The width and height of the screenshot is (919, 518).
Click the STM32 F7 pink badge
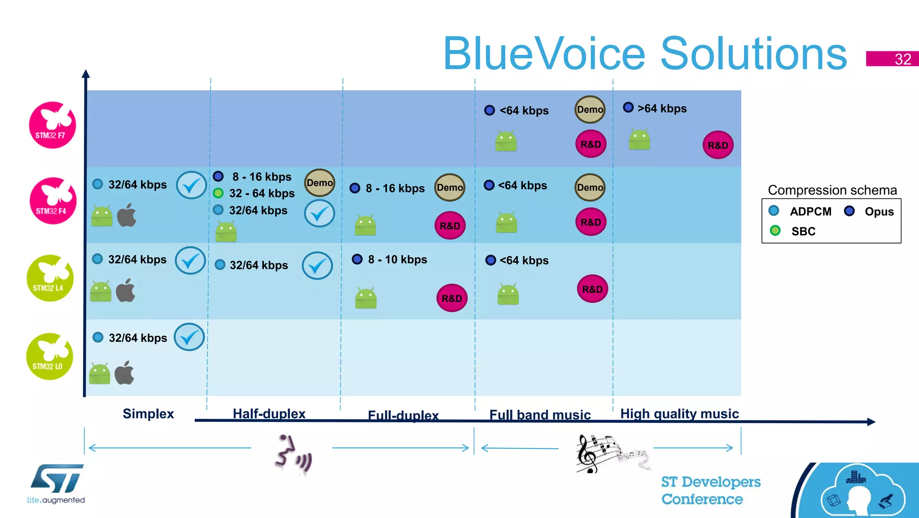click(x=53, y=125)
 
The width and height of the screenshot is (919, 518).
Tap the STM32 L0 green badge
click(x=49, y=356)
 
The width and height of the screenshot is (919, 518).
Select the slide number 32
click(x=902, y=59)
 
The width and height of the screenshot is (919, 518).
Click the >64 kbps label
click(x=661, y=109)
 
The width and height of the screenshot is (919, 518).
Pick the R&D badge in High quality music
click(x=718, y=145)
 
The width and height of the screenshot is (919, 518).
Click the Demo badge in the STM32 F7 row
click(x=590, y=110)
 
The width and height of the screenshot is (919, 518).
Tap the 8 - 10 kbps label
click(x=397, y=260)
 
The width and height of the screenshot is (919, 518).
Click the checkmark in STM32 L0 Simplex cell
click(x=189, y=337)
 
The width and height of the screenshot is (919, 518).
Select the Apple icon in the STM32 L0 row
click(x=124, y=372)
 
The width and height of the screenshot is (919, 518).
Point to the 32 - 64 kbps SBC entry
click(x=261, y=193)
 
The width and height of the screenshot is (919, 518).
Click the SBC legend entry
click(x=802, y=231)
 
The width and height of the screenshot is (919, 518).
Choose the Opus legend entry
click(x=878, y=212)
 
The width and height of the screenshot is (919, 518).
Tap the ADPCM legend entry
click(x=810, y=212)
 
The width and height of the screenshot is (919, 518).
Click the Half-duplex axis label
click(x=269, y=413)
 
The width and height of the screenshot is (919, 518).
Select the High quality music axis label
click(x=679, y=413)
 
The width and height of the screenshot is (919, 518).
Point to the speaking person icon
click(x=292, y=454)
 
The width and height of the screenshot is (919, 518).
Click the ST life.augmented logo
click(x=56, y=483)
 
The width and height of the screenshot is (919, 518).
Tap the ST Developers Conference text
click(x=710, y=490)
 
